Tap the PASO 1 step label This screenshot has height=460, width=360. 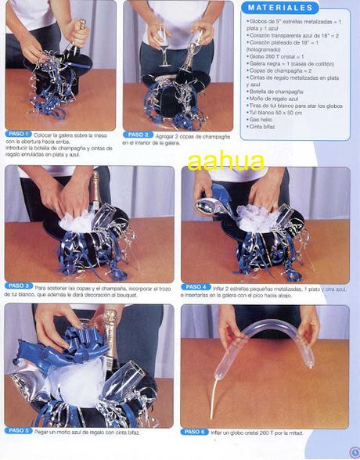coord(18,135)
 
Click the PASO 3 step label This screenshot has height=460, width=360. coord(19,286)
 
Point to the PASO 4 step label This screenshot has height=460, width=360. coord(196,286)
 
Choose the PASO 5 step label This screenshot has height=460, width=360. coord(19,431)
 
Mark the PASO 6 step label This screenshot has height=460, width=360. coord(196,431)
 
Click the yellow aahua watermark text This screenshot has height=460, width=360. coord(225,161)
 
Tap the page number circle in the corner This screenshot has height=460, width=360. coord(354,451)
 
